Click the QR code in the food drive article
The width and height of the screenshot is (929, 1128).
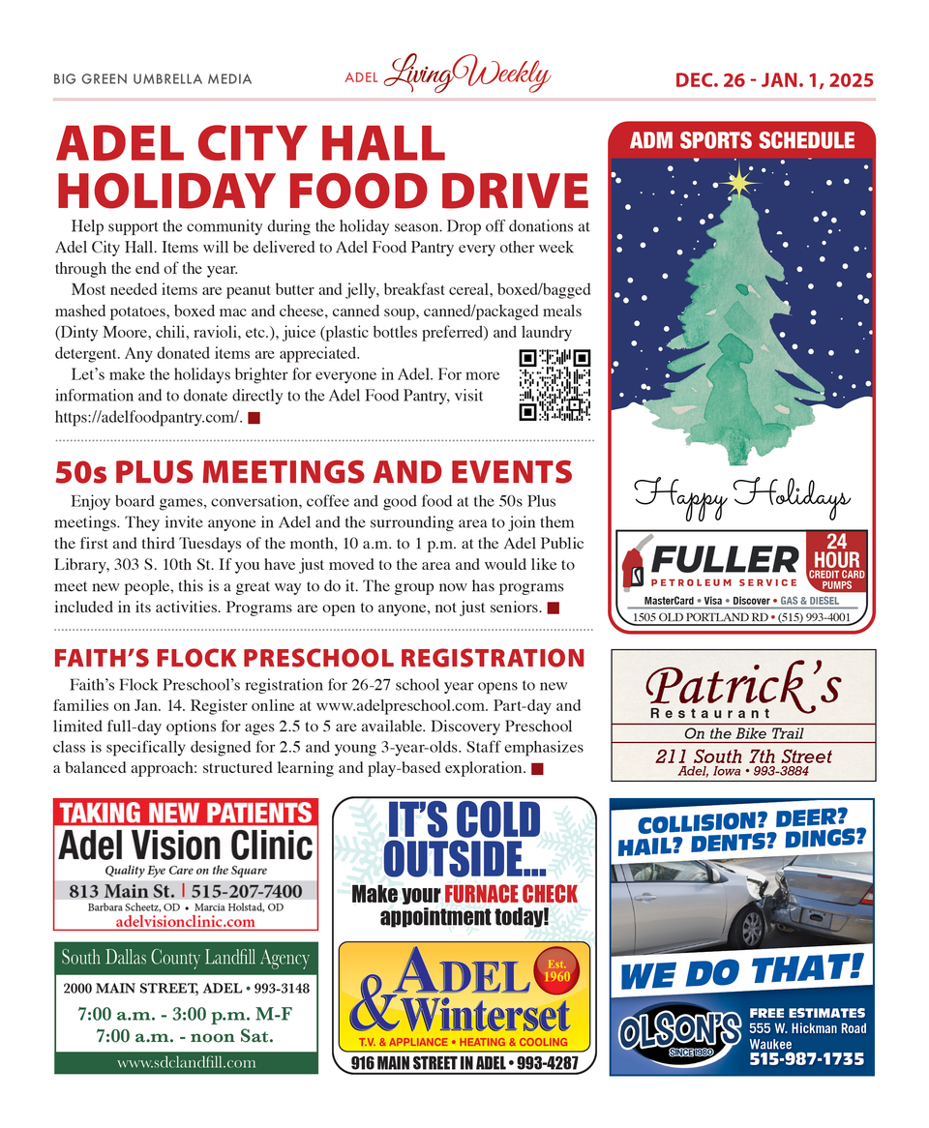click(554, 385)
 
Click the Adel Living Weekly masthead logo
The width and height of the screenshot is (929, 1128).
click(448, 76)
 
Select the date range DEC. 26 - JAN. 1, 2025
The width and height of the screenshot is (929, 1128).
click(774, 79)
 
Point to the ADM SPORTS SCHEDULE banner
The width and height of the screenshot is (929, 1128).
click(742, 141)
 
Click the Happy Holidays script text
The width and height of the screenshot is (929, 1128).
click(742, 497)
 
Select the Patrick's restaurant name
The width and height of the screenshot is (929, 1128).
click(743, 687)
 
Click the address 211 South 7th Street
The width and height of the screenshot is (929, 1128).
click(743, 757)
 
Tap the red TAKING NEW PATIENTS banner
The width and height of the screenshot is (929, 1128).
click(187, 813)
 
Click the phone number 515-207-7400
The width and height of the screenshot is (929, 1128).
click(246, 891)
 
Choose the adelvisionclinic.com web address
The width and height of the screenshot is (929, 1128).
click(186, 921)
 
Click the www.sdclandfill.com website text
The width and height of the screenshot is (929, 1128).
click(186, 1061)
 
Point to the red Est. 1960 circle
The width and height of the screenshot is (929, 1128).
click(556, 969)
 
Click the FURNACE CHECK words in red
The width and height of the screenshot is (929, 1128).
click(510, 894)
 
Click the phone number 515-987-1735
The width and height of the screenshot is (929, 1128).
click(807, 1059)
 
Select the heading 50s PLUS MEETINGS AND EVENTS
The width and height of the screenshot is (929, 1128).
click(314, 472)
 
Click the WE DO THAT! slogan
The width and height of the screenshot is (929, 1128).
click(740, 968)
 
